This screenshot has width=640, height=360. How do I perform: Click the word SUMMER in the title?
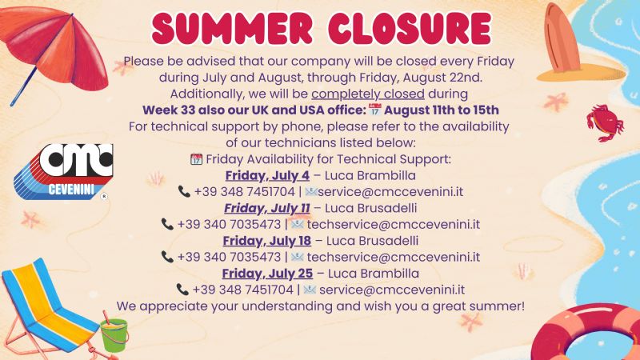pos(232,28)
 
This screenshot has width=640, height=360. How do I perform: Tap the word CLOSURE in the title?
pos(410,28)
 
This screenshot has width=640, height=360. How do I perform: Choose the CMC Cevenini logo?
pos(63,171)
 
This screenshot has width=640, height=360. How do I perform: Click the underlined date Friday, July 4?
pos(267,175)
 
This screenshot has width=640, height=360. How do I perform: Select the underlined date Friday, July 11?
pos(267,208)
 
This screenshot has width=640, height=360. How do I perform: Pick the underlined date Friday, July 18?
pos(267,241)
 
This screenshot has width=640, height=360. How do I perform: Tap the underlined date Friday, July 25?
pos(267,274)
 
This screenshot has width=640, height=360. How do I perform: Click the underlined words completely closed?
pos(368,94)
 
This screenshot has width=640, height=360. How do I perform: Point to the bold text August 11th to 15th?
pos(442,110)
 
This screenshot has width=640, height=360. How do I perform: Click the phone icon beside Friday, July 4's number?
pos(184,191)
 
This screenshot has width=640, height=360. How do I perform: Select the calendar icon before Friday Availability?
pos(196,159)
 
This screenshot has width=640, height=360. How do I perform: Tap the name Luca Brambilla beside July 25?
pos(374,274)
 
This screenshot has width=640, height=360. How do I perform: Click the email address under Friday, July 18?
pos(394,257)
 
